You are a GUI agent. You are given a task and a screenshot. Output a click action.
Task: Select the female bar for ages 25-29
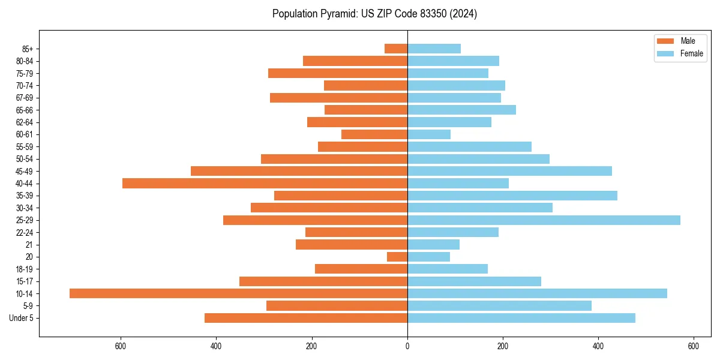pos(544,220)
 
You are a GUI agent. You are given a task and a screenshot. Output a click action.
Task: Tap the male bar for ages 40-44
pos(265,183)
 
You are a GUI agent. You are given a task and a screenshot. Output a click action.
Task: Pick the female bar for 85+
pos(434,49)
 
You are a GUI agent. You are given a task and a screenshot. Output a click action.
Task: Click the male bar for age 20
pos(397,257)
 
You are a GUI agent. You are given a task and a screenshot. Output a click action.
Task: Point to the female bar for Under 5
pos(521,318)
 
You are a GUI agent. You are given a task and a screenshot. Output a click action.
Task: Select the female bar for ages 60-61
pos(429,134)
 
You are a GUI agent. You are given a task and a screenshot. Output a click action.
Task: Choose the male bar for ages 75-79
pos(338,73)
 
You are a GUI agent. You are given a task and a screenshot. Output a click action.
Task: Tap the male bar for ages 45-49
pos(299,171)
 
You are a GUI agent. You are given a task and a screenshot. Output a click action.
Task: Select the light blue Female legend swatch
pos(666,53)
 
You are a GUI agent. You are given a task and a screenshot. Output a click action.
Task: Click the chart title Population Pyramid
pos(374,14)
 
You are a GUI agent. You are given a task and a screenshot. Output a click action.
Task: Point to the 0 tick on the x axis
pos(407,346)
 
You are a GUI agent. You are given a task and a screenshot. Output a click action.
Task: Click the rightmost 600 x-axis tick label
pos(694,346)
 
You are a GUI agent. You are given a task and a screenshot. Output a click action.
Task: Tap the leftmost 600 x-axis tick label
pos(121,346)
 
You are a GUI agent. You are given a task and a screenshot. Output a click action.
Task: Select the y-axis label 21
pos(29,245)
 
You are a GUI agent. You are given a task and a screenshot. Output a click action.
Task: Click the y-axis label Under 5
pos(21,318)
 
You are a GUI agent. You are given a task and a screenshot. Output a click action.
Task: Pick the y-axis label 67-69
pos(25,98)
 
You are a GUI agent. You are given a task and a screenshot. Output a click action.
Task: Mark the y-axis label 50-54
pos(25,159)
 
